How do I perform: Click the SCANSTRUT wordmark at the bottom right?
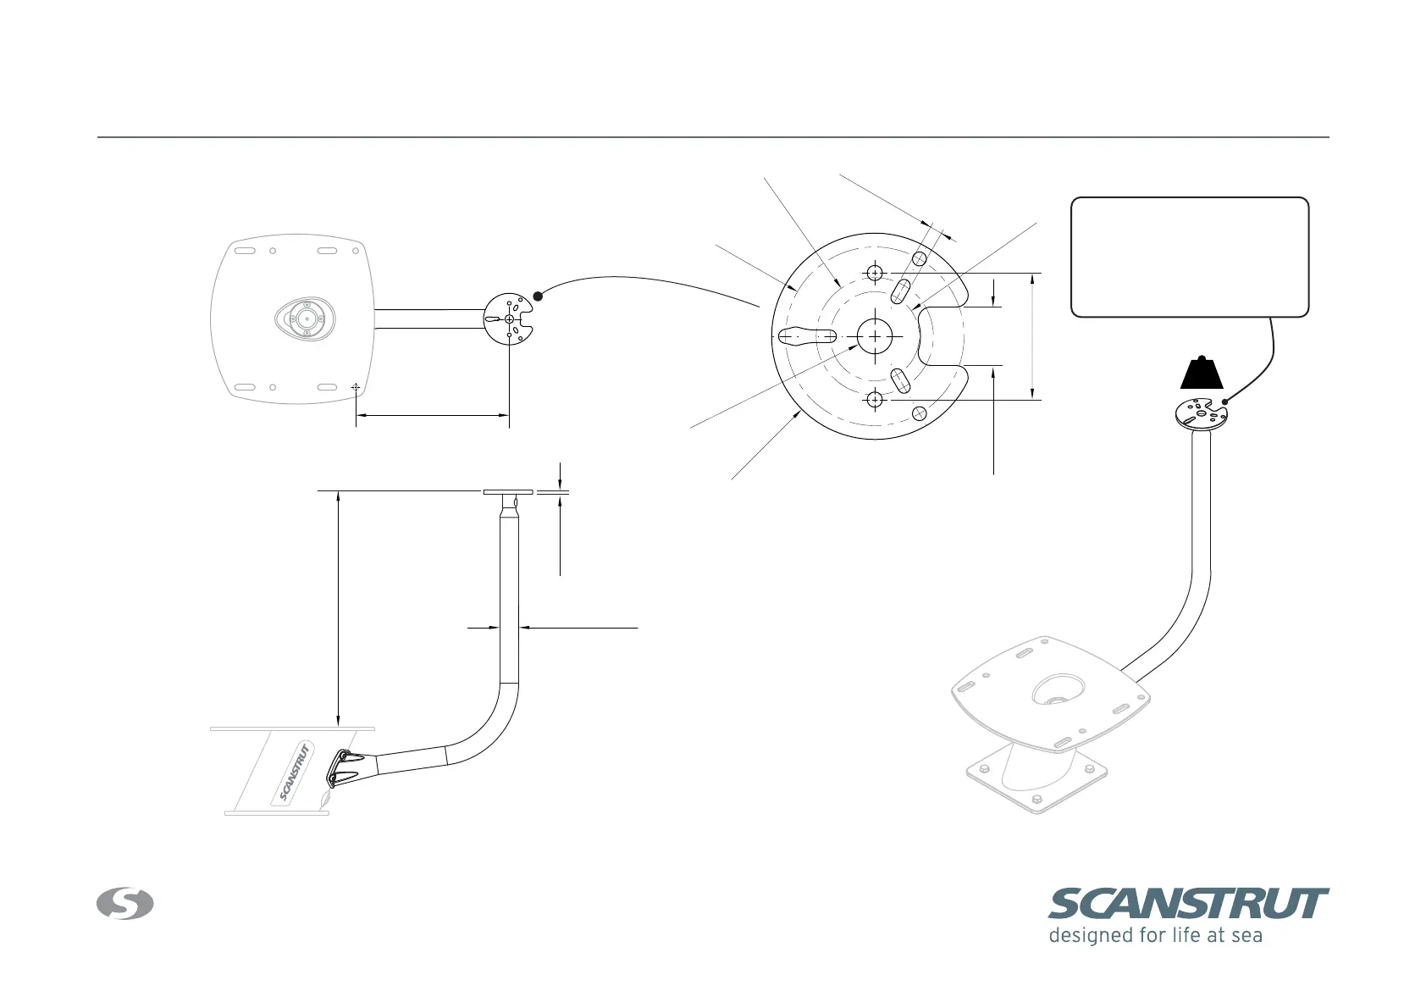click(x=1188, y=904)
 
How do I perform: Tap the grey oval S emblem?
click(x=125, y=904)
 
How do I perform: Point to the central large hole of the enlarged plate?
click(x=874, y=336)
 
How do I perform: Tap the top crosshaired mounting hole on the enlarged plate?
click(x=875, y=273)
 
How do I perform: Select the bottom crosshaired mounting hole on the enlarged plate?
click(x=875, y=399)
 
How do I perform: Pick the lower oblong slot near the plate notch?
click(x=901, y=381)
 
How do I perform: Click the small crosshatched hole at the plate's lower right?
click(x=920, y=413)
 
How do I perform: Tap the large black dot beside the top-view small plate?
click(x=537, y=296)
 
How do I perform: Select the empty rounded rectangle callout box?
click(x=1190, y=258)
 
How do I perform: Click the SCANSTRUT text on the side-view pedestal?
click(x=296, y=772)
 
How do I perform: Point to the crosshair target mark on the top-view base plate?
click(x=356, y=387)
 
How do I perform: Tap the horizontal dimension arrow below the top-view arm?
click(x=432, y=415)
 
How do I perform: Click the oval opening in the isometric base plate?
click(x=1058, y=690)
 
